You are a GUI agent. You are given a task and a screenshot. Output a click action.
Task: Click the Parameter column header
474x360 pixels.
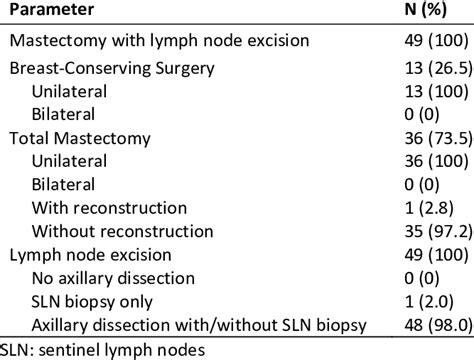click(51, 12)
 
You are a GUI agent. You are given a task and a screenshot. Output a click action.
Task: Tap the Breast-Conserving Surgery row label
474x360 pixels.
click(111, 71)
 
